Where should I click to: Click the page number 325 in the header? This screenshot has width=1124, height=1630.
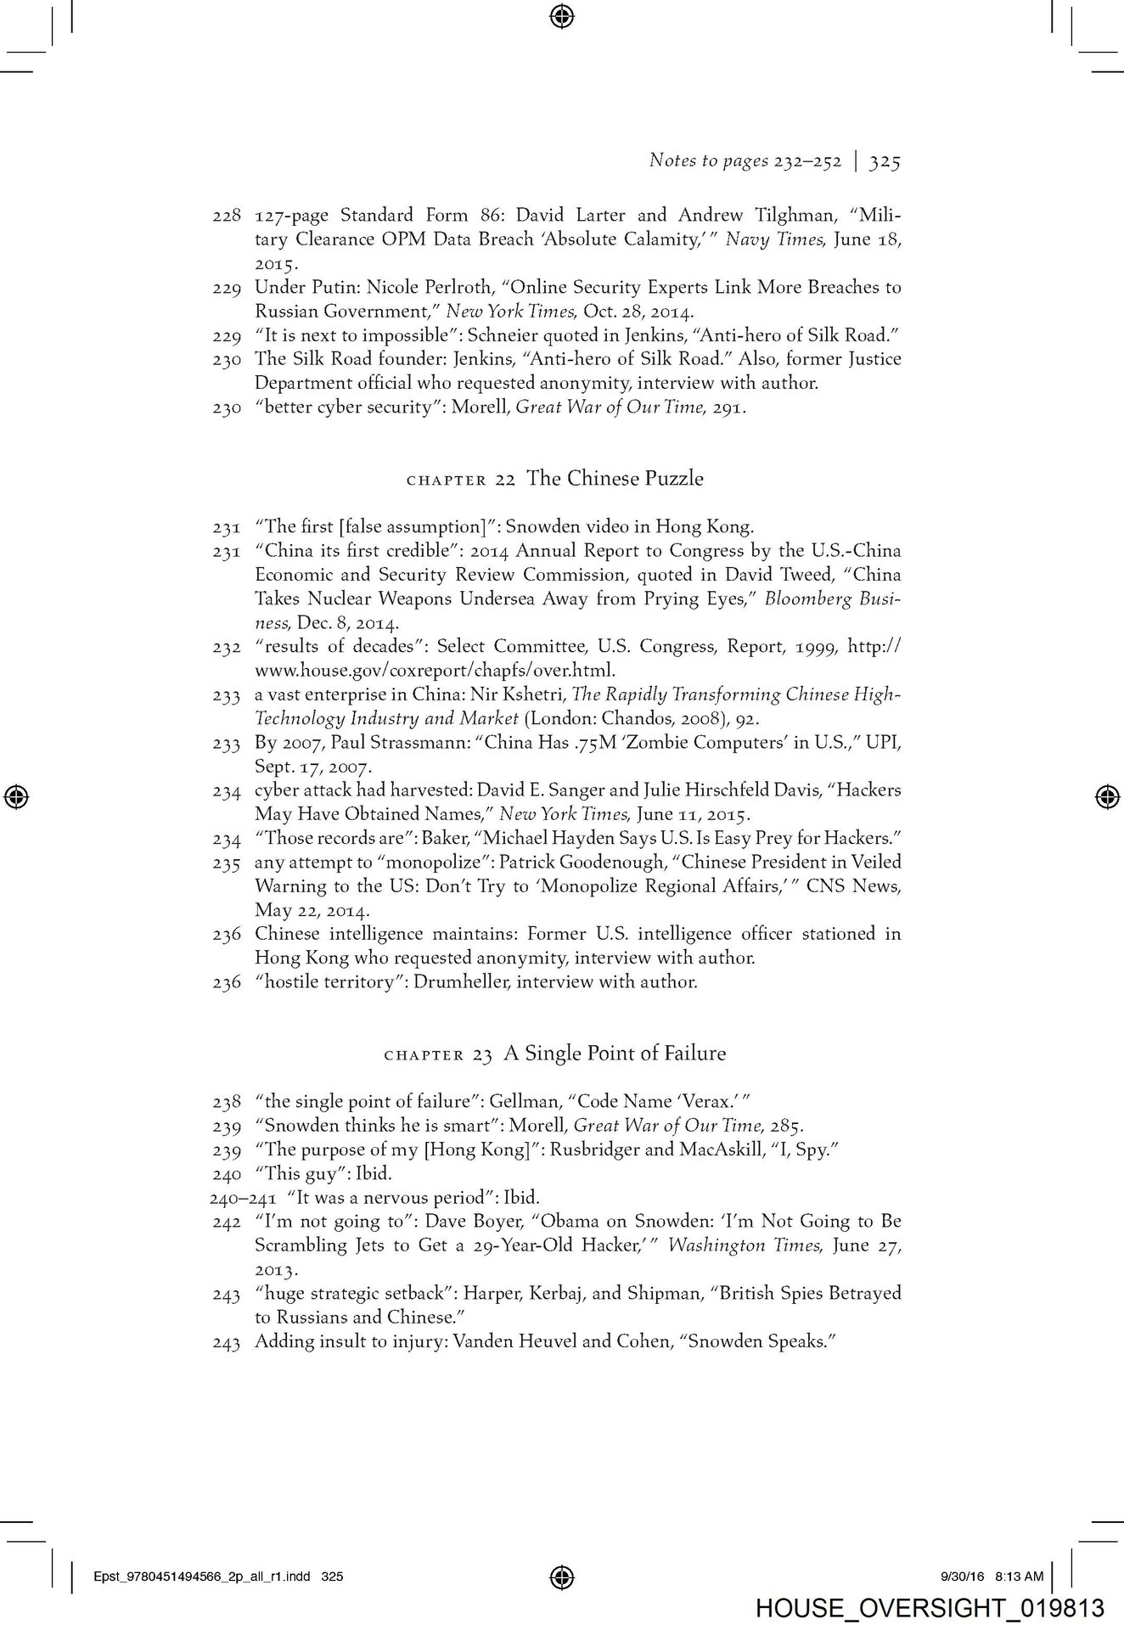click(884, 161)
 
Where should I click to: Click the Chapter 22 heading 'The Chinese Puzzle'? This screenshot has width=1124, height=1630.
click(615, 479)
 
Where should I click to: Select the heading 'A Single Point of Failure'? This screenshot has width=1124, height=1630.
click(615, 1054)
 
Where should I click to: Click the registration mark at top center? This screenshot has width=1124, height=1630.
click(562, 14)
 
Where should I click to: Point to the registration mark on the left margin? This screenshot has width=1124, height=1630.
click(16, 796)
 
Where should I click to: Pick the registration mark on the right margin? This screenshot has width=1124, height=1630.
click(1106, 796)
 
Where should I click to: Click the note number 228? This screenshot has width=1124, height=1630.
click(227, 216)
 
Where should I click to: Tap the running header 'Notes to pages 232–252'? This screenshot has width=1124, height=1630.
click(745, 161)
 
